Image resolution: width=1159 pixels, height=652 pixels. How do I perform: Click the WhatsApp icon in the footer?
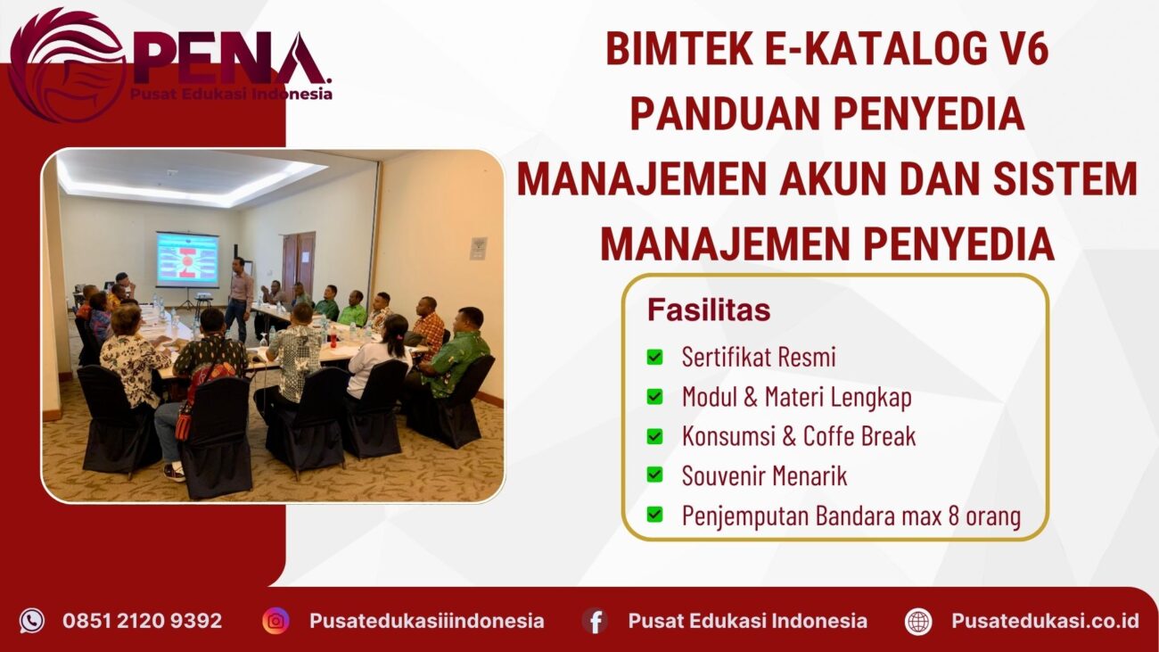click(x=32, y=621)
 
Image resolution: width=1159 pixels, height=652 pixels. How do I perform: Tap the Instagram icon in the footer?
click(x=275, y=621)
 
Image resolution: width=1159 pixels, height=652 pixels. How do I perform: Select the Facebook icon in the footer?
click(x=595, y=621)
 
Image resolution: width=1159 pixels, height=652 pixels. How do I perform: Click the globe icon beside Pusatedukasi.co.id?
click(x=918, y=621)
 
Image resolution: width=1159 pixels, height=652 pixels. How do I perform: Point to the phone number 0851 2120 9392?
click(x=142, y=621)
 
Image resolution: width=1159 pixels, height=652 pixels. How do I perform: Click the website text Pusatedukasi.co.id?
click(x=1045, y=621)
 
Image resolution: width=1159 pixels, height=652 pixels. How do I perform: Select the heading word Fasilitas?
click(x=709, y=310)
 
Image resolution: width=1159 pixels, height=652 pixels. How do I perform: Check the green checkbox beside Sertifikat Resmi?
click(x=655, y=358)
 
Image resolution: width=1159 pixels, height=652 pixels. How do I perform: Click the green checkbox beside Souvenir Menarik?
click(x=655, y=475)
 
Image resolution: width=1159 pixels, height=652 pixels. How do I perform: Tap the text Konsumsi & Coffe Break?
click(x=798, y=436)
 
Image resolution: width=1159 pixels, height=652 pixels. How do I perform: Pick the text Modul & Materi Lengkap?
click(x=796, y=397)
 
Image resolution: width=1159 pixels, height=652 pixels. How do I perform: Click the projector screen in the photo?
click(x=187, y=260)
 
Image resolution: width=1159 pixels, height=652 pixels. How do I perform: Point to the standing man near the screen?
click(x=238, y=298)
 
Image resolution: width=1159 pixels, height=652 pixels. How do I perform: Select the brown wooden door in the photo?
click(x=299, y=263)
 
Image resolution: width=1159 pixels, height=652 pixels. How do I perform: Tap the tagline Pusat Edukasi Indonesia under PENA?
click(x=231, y=94)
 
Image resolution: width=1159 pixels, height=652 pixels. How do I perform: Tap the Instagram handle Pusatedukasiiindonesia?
click(x=426, y=621)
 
